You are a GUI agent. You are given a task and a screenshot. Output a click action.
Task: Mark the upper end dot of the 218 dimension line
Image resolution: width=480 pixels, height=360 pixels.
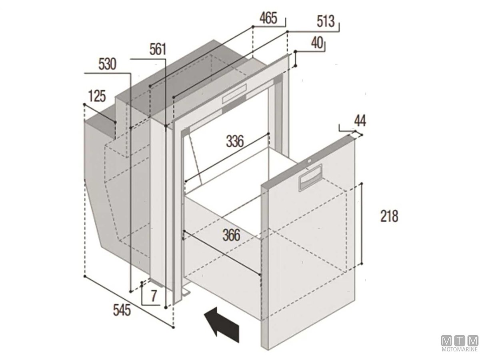(362, 183)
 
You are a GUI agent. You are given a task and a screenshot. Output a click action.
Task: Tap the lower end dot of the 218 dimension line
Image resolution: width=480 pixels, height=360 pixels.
(362, 264)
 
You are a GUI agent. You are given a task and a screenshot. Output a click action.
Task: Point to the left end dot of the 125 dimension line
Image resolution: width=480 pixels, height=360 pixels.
(84, 104)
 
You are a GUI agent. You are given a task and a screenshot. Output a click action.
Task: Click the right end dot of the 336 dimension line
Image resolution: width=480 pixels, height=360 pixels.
(268, 133)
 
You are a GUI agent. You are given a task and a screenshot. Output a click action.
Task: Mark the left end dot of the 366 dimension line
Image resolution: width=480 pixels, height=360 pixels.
(184, 231)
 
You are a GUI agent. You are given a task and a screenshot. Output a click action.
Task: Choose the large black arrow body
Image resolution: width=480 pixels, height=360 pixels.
(221, 324)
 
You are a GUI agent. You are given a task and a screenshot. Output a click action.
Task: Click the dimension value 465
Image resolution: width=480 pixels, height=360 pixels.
(268, 18)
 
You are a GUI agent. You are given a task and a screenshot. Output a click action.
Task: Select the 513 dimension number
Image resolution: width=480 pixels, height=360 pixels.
(326, 22)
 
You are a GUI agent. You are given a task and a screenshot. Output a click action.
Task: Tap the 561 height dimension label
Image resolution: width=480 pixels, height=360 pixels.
(158, 49)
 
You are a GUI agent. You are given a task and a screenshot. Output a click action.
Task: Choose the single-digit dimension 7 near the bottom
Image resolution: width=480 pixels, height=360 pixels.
(154, 296)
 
